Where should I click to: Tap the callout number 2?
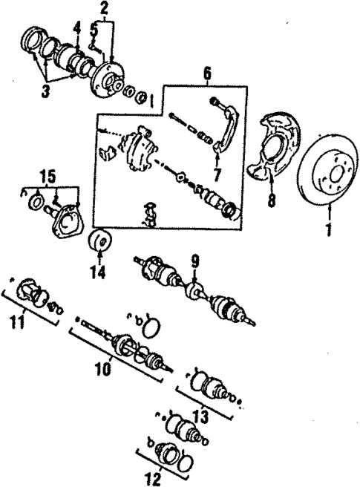[104, 9]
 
